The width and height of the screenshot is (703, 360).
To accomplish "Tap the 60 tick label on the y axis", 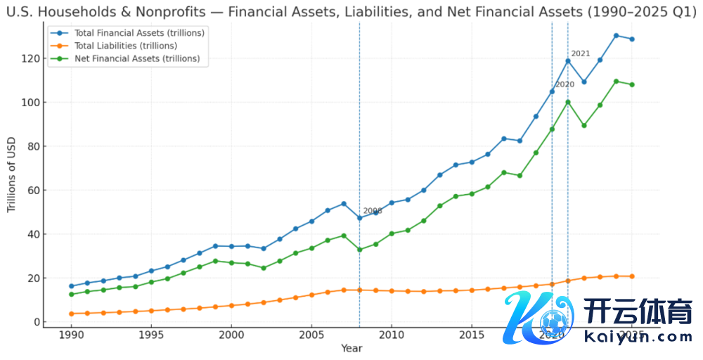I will coord(30,191).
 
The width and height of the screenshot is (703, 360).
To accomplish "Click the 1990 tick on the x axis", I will coord(71,336).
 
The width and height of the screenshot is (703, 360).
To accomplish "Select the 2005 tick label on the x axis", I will coord(311,336).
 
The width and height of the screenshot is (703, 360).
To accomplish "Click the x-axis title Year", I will coord(351,349).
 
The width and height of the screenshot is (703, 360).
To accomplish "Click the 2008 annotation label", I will coord(373,211).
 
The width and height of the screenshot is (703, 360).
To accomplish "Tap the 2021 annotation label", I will coord(581,53).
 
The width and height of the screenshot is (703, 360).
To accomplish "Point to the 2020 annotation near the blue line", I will coord(565,84).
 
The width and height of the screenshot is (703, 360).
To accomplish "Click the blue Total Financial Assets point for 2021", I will coord(568,61).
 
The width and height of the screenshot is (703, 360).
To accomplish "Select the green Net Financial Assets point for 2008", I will coord(360,250).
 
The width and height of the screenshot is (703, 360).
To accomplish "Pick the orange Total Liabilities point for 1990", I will coord(71,314).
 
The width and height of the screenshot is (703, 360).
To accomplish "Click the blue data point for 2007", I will coord(344,204).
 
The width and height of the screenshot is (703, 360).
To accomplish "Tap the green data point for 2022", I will coord(584,125).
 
